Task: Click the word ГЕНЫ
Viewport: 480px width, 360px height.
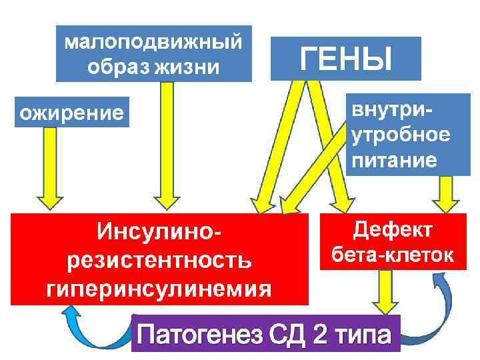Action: click(x=345, y=58)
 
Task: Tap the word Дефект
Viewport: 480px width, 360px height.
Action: click(x=393, y=231)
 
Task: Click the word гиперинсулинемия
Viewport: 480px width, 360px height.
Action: click(x=160, y=289)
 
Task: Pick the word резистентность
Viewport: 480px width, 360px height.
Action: click(x=160, y=261)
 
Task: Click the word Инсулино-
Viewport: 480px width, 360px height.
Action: click(x=160, y=233)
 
